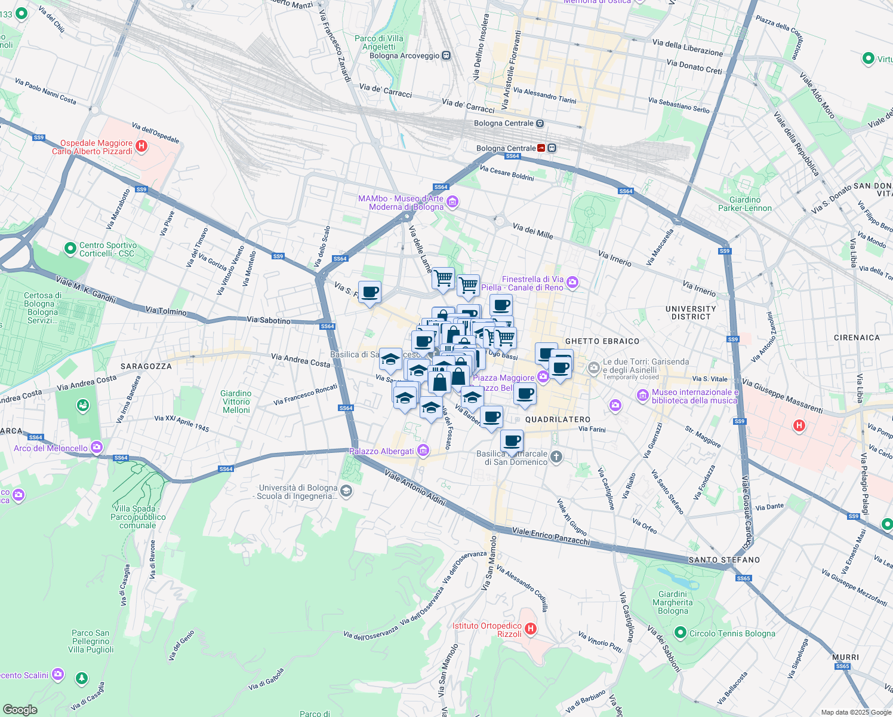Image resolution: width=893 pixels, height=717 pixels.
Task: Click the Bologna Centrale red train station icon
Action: click(x=541, y=148)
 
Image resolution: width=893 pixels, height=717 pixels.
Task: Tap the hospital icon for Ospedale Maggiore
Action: click(x=141, y=146)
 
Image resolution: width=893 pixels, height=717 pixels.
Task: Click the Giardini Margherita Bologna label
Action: click(x=673, y=602)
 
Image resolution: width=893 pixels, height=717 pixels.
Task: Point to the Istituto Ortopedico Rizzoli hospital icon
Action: click(x=530, y=629)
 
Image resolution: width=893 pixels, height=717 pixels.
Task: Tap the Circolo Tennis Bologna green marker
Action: click(x=680, y=632)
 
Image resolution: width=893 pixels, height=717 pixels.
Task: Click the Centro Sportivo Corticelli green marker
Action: click(x=70, y=247)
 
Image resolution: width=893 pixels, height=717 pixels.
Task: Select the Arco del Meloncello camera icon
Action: click(x=97, y=447)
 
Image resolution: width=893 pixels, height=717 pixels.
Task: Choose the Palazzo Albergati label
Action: click(x=381, y=451)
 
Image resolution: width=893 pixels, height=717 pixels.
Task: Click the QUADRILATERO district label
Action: click(x=558, y=419)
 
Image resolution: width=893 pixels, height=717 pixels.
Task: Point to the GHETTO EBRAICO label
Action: click(x=602, y=341)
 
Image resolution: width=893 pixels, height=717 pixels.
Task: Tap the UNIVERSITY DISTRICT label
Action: click(x=691, y=312)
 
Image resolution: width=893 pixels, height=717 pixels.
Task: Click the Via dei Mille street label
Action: click(x=532, y=231)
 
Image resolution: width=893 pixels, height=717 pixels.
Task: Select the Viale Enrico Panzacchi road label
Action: click(x=550, y=536)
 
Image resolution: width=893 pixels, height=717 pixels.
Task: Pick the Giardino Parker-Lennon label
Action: click(x=744, y=204)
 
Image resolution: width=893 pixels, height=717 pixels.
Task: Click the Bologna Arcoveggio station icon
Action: click(x=446, y=56)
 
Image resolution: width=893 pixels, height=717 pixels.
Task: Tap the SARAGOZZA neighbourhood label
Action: click(x=146, y=366)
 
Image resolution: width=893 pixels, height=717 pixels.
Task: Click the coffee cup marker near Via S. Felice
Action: click(x=369, y=292)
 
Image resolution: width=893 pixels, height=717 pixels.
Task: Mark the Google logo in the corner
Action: click(x=20, y=709)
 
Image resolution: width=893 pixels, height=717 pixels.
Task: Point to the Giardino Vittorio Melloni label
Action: click(x=236, y=402)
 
